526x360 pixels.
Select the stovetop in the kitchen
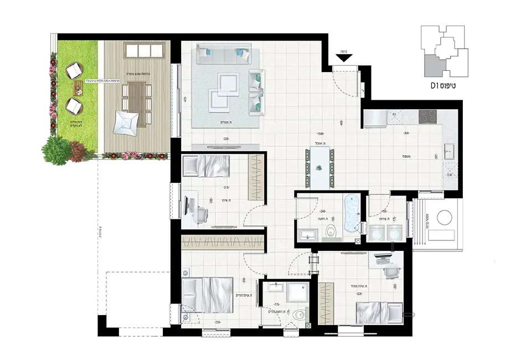pos(429,116)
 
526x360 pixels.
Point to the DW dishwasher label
pos(450,175)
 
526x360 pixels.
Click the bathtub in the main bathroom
pos(351,213)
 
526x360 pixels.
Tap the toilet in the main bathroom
pos(332,231)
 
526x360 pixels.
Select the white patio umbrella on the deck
pos(126,122)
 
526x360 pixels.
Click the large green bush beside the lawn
pos(56,150)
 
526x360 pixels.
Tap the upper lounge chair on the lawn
pos(74,71)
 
